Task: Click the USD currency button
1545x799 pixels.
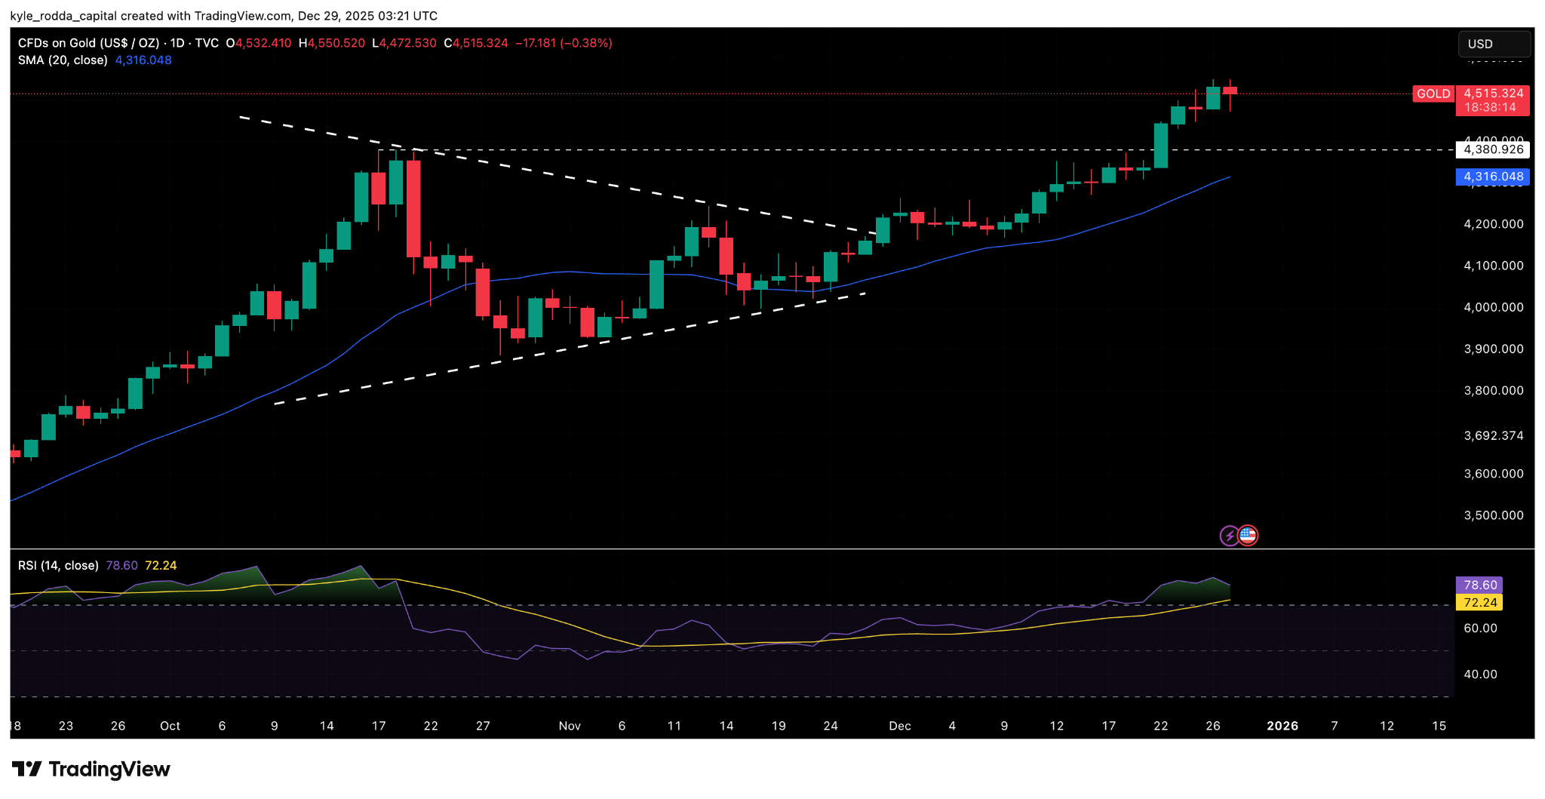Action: (x=1493, y=44)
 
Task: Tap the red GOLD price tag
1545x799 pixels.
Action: (x=1433, y=94)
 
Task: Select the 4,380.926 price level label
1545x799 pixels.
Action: (x=1493, y=149)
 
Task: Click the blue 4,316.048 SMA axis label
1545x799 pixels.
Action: (x=1493, y=177)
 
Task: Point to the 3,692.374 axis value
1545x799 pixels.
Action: (x=1493, y=435)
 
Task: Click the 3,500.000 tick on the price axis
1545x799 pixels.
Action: (x=1493, y=515)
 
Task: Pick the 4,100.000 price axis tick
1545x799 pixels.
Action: (x=1493, y=266)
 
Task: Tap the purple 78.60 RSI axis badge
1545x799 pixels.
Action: (x=1479, y=585)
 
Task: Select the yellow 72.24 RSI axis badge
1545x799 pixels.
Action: (x=1479, y=602)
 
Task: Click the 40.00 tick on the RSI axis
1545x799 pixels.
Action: (x=1480, y=674)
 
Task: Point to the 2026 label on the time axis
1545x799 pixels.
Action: (x=1282, y=726)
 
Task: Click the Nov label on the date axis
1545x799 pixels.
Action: (x=570, y=726)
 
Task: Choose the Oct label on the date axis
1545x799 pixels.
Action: (x=170, y=726)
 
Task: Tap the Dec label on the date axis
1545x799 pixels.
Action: (x=899, y=726)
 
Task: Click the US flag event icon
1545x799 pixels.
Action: (x=1249, y=536)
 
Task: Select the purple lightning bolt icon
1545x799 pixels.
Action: (x=1230, y=536)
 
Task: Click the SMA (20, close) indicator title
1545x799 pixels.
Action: (x=63, y=60)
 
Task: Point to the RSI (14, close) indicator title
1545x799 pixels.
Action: (x=58, y=565)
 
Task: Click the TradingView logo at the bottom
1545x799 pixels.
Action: (x=91, y=770)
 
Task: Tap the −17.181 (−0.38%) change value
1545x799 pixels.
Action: (x=564, y=43)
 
